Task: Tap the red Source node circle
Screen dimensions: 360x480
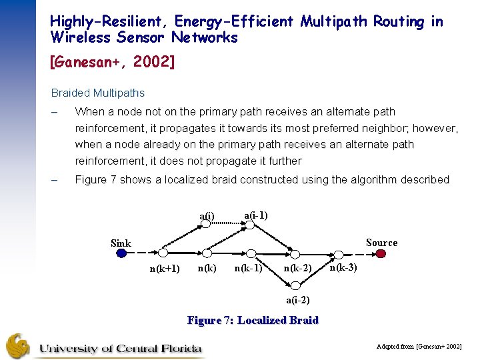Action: [381, 253]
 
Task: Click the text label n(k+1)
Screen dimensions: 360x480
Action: [164, 269]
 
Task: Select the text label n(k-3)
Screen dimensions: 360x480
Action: [343, 267]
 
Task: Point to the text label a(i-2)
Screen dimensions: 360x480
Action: [297, 299]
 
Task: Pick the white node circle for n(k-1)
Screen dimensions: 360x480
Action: [250, 253]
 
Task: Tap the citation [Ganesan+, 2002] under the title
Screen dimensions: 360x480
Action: [112, 62]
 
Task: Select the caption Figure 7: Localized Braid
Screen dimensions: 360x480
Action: [253, 321]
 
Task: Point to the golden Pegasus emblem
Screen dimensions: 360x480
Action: [18, 346]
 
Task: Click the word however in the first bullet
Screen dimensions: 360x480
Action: [437, 128]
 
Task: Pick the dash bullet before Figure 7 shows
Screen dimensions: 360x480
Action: [55, 180]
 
